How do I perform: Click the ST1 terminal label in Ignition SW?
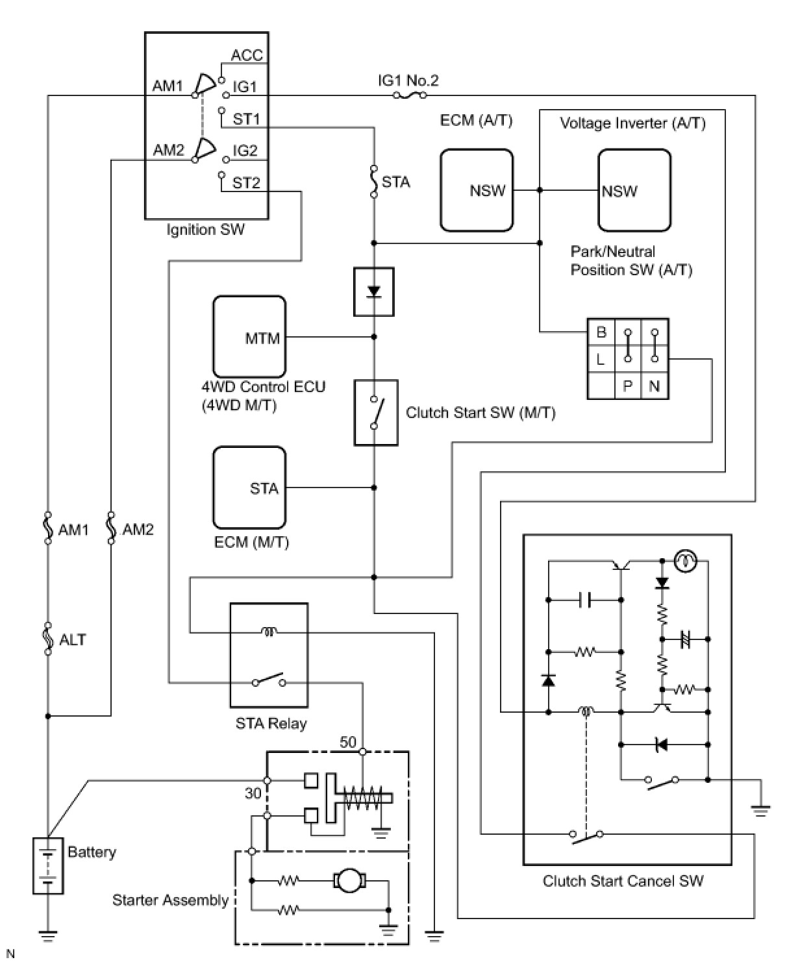coord(246,119)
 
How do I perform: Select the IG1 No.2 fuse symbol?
coord(409,95)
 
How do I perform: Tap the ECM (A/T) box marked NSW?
coord(477,190)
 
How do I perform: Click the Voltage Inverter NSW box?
coord(634,190)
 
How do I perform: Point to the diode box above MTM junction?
coord(374,291)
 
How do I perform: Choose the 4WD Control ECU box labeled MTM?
coord(249,337)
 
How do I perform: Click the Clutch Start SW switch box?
coord(375,413)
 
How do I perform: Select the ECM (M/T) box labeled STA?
coord(249,487)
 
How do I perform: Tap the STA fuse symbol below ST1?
coord(374,181)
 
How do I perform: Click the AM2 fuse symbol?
coord(111,528)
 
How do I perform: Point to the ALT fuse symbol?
coord(48,639)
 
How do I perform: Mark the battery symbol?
coord(48,866)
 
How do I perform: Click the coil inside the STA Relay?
coord(268,630)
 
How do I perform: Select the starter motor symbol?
coord(350,881)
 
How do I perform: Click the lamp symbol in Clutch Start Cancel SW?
coord(683,560)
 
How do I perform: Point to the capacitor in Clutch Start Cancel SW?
coord(585,600)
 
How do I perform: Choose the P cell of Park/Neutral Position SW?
coord(627,386)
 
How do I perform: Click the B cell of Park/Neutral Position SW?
coord(601,332)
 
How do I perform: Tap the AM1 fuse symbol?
coord(48,528)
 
